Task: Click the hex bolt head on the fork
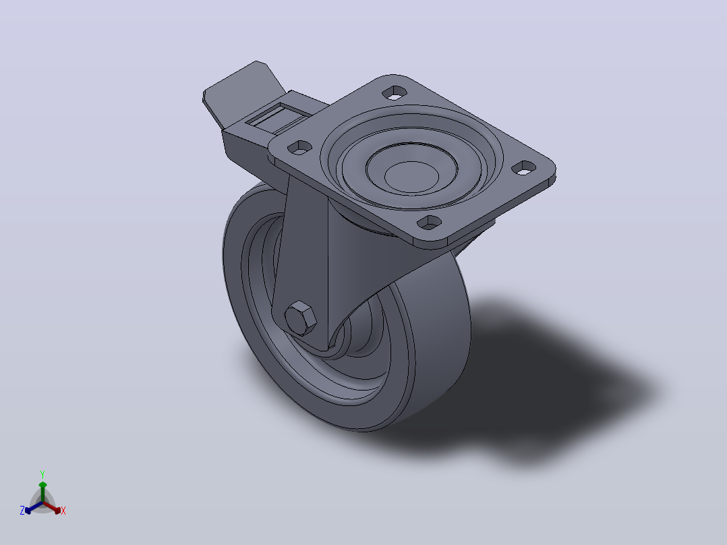coord(301,318)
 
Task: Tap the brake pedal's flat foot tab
coord(242,92)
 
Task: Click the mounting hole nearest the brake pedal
coord(300,148)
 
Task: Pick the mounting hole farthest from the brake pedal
coord(524,168)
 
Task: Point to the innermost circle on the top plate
coord(411,177)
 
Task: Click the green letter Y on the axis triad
coord(42,474)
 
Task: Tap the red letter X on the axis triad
coord(63,511)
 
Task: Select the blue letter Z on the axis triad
coord(22,511)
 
